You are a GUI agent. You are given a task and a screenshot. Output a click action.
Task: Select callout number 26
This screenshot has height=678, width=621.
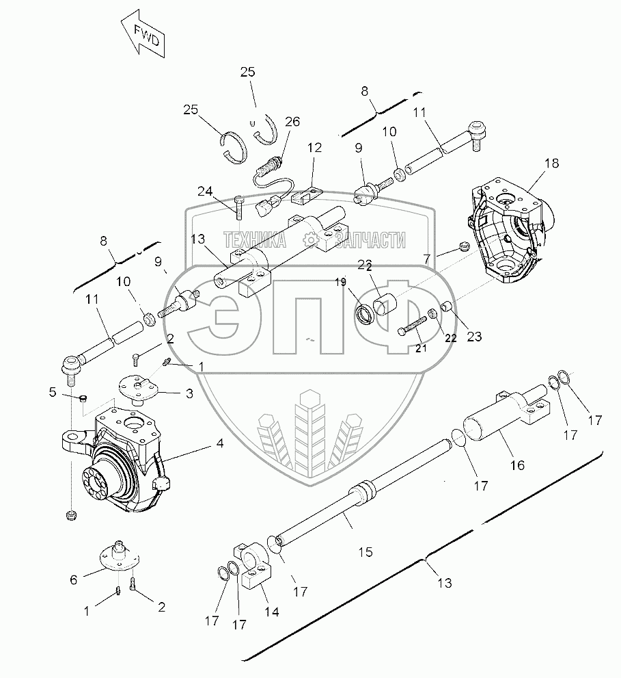(x=292, y=122)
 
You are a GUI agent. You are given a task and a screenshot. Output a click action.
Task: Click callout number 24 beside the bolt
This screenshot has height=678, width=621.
(x=206, y=190)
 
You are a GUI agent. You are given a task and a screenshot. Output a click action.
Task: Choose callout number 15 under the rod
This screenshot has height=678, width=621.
(x=365, y=551)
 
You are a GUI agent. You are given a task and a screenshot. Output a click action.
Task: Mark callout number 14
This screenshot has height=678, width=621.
(x=272, y=612)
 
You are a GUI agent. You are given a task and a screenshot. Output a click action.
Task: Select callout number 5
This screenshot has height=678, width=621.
(x=53, y=392)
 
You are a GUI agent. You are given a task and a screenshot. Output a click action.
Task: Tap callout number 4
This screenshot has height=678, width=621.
(x=219, y=443)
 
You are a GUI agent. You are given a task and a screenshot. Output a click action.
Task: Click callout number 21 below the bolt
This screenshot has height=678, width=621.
(x=420, y=349)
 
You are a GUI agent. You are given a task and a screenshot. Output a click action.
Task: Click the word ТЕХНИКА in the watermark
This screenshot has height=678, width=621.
(x=255, y=240)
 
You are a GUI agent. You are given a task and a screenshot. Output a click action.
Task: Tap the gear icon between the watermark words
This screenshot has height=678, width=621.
(x=311, y=239)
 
